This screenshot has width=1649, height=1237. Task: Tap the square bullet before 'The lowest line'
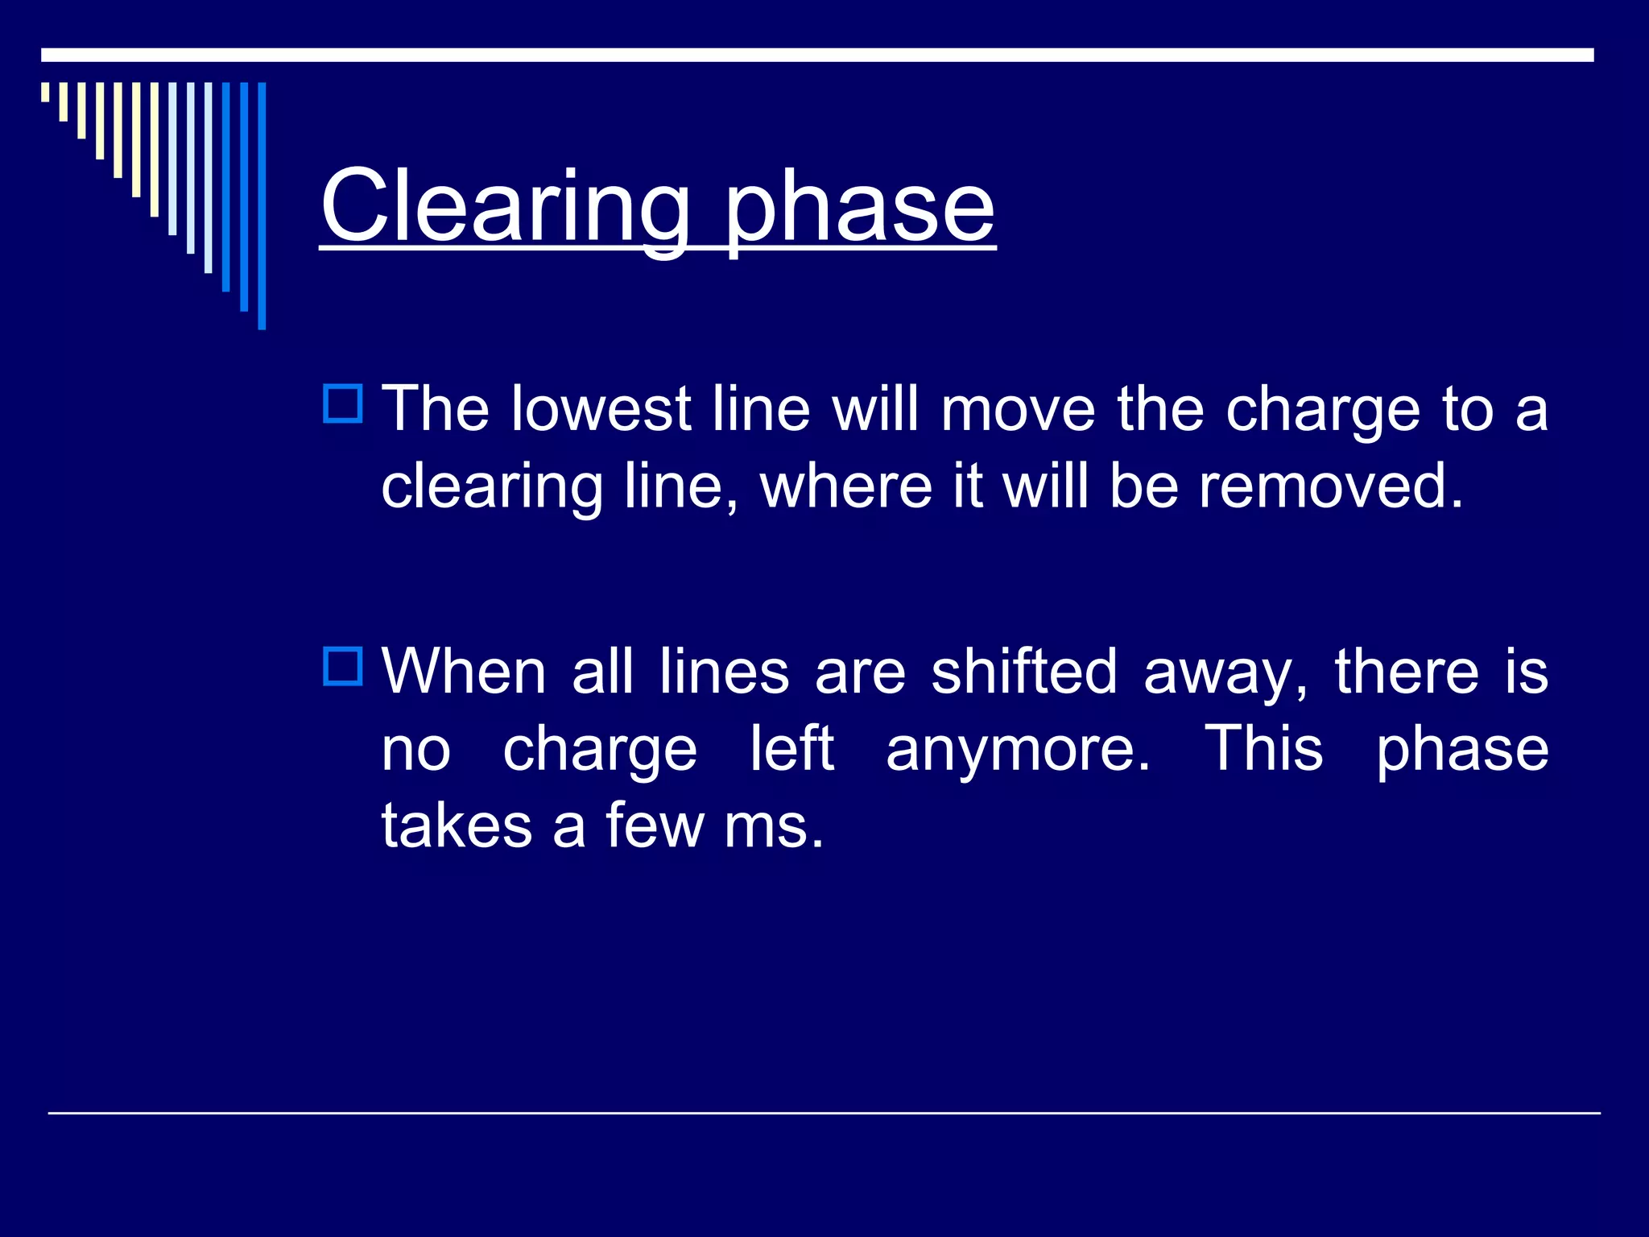(343, 403)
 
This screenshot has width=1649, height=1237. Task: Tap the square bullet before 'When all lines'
(343, 666)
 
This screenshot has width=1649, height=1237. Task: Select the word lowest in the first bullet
(601, 409)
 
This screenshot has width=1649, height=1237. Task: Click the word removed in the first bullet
(1329, 486)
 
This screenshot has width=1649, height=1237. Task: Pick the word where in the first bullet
(845, 486)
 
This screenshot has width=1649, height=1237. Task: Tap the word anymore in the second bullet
(1018, 749)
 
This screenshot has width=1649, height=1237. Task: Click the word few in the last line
(654, 826)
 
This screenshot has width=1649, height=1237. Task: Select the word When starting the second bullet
(464, 672)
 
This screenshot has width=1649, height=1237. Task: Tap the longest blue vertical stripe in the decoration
(262, 205)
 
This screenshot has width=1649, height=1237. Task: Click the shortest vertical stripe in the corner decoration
(46, 92)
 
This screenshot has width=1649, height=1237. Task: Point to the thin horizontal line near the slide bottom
(824, 1113)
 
